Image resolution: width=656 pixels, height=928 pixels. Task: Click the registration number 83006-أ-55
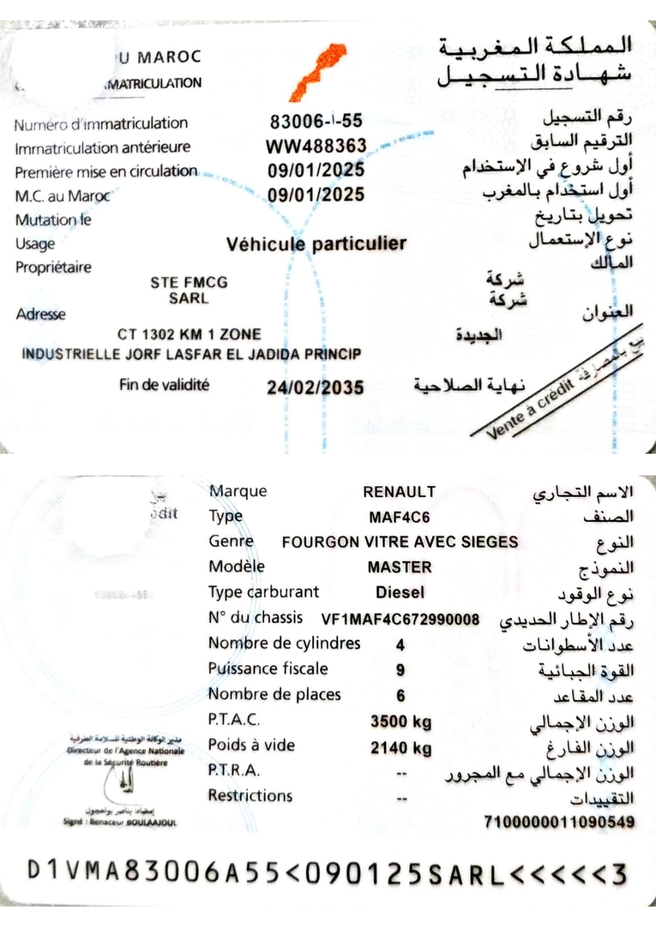tap(316, 121)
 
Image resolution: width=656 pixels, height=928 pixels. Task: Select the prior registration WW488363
tap(316, 146)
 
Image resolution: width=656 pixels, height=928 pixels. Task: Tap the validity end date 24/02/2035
tap(316, 387)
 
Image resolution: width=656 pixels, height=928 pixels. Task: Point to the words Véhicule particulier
tap(316, 243)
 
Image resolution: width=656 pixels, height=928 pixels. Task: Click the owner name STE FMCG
tap(189, 283)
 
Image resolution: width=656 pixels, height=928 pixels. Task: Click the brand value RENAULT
tap(399, 492)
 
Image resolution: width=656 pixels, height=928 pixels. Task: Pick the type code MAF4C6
tap(399, 517)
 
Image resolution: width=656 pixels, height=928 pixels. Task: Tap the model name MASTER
tap(400, 567)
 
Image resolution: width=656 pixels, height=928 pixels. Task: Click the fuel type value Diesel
tap(400, 593)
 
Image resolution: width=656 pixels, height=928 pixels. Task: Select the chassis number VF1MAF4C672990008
tap(400, 619)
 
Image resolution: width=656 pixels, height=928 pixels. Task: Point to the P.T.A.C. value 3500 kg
tap(401, 721)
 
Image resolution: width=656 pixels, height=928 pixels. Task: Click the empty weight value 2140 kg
tap(401, 748)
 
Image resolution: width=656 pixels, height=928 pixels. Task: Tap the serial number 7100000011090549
tap(559, 822)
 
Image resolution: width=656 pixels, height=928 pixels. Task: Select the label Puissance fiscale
tap(268, 669)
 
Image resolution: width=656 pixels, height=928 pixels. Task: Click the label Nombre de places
tap(274, 694)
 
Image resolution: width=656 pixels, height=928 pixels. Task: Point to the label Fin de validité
tap(164, 385)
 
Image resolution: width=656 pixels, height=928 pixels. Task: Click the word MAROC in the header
tap(169, 57)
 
